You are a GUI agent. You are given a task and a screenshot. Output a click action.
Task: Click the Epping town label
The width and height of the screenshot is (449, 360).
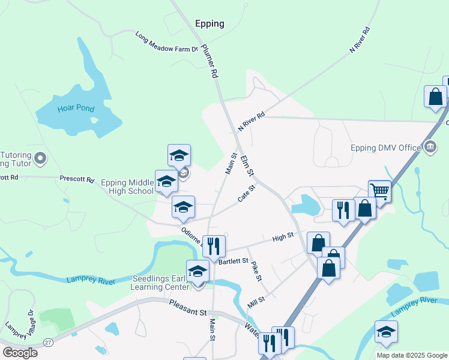(209, 24)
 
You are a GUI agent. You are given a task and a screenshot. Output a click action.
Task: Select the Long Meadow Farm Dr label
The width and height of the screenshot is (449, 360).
(167, 41)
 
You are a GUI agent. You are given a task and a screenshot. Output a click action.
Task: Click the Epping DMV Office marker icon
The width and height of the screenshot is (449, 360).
(430, 146)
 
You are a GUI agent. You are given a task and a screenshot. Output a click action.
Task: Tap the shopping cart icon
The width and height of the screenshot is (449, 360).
(379, 191)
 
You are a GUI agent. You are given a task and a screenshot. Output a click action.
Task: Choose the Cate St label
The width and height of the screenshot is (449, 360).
(246, 193)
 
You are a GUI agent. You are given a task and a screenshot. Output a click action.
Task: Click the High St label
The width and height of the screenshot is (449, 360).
(283, 237)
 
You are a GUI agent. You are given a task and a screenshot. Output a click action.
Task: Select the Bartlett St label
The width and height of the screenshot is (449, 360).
(234, 261)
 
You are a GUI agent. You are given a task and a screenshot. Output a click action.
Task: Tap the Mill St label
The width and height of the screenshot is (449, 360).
(257, 302)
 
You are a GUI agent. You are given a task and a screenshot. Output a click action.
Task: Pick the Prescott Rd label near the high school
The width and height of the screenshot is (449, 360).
(77, 179)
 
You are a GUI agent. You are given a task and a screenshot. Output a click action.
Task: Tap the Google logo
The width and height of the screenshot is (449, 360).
(20, 353)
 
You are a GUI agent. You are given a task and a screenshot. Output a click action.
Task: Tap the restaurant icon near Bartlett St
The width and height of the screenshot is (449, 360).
(213, 245)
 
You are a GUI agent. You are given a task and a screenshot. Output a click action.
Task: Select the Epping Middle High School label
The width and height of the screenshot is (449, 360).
(127, 187)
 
